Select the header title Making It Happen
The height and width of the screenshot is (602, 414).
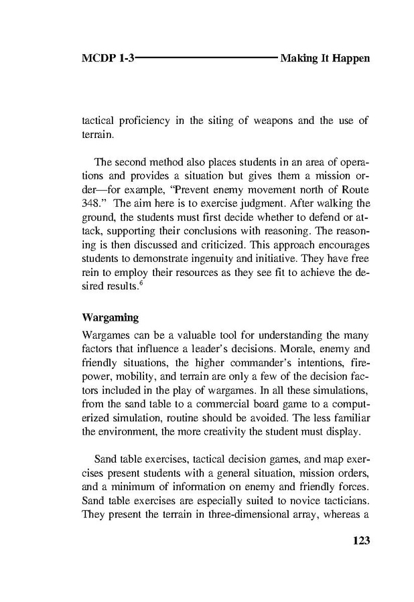[x=325, y=59]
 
